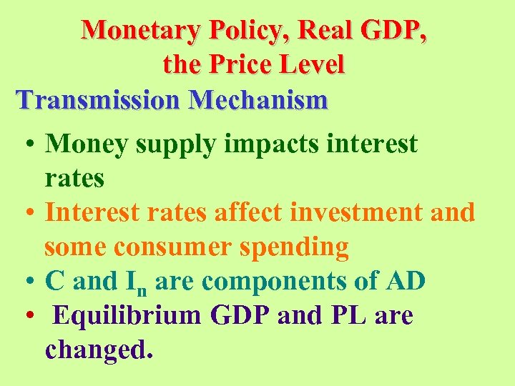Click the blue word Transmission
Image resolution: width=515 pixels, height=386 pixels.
pyautogui.click(x=99, y=99)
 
